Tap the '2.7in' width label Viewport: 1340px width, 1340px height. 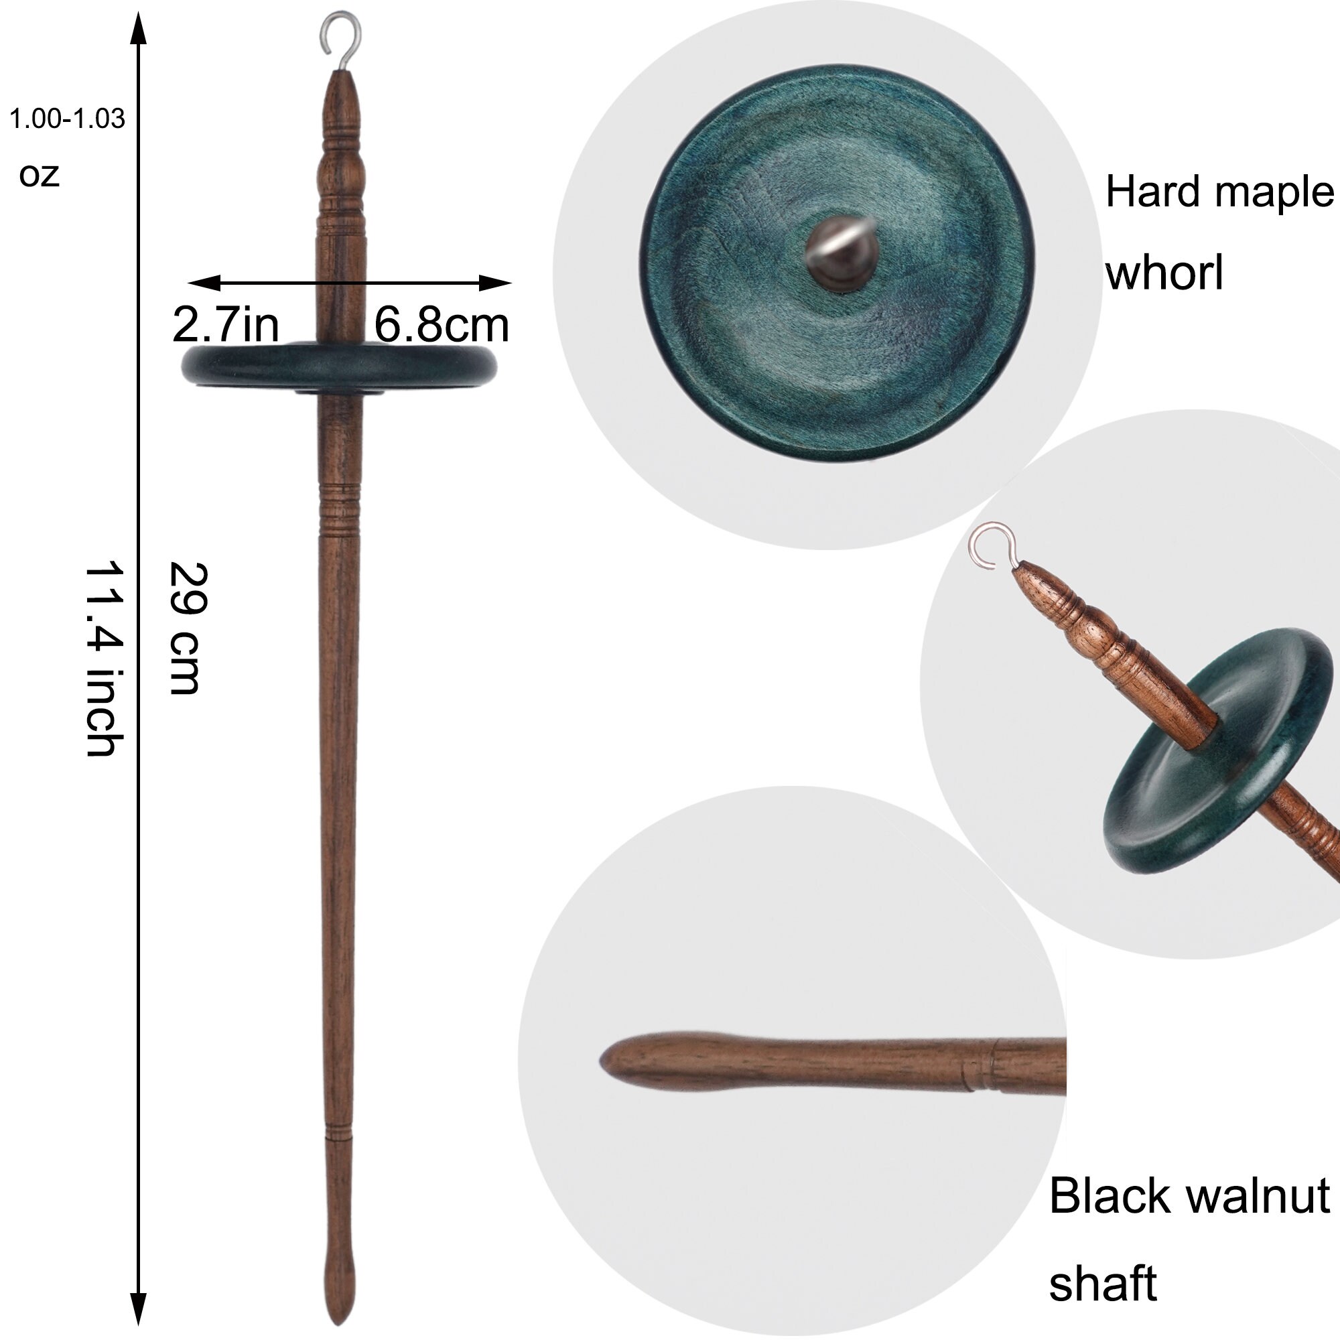tap(225, 324)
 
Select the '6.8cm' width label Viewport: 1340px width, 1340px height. tap(441, 324)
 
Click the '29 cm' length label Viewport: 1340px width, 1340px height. tap(186, 628)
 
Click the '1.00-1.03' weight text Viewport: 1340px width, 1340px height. tap(67, 119)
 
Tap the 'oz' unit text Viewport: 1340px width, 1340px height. tap(39, 175)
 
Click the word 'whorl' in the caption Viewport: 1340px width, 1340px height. tap(1164, 273)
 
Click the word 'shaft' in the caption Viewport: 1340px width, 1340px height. tap(1102, 1284)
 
